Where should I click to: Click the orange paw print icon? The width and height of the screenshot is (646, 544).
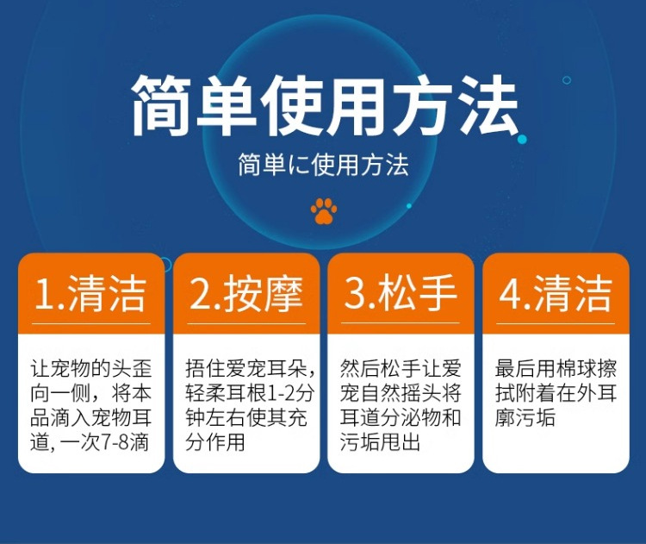324,210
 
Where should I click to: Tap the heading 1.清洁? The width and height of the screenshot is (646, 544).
90,293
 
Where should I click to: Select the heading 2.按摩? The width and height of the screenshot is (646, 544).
246,293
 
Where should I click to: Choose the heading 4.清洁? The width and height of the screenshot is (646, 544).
555,293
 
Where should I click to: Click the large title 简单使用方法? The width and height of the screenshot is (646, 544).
324,105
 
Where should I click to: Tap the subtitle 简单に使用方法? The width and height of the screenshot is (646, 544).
323,165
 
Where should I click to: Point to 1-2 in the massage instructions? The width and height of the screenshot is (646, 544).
281,393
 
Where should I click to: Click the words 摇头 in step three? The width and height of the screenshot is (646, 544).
420,393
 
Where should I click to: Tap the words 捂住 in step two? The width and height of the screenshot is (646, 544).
206,368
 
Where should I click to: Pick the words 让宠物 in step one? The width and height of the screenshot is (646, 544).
60,368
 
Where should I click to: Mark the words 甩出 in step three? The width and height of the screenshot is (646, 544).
401,442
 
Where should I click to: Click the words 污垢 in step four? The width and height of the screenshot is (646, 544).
535,418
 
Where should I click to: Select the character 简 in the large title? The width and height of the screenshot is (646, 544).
163,105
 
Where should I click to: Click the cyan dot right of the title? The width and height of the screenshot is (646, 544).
522,140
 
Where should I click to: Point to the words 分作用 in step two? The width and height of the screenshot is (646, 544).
215,442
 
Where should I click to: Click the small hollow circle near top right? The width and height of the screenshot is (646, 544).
567,80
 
